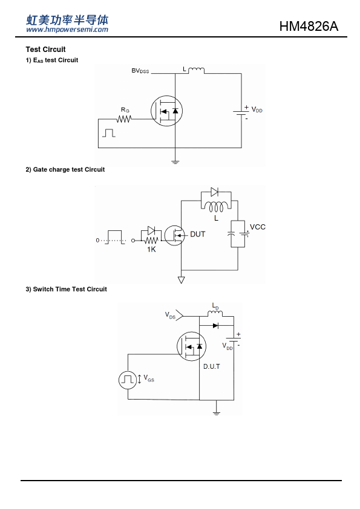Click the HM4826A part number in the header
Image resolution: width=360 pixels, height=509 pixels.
[x=309, y=26]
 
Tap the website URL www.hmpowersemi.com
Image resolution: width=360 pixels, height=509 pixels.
[x=67, y=30]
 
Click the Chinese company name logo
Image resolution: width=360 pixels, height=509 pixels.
[x=67, y=20]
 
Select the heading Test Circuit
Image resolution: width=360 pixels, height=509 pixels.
[x=45, y=50]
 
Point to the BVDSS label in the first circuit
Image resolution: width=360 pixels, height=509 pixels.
[x=140, y=71]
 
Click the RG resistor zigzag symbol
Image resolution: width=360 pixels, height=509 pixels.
[x=124, y=119]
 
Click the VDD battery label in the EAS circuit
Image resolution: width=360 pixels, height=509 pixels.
[x=257, y=110]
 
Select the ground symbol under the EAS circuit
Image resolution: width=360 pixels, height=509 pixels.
[x=175, y=161]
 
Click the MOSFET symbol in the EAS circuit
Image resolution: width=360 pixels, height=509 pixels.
[x=166, y=111]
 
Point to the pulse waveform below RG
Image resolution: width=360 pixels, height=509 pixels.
[x=109, y=133]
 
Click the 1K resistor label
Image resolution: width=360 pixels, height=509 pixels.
[x=151, y=249]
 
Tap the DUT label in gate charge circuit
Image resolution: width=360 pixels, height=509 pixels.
[x=197, y=234]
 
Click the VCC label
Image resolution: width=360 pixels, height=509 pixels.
[x=258, y=227]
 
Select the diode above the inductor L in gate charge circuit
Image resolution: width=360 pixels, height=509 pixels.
[x=214, y=192]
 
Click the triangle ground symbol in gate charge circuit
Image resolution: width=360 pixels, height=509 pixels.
[x=182, y=279]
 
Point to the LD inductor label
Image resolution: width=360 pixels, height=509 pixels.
[x=215, y=306]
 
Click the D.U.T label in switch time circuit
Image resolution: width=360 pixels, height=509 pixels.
[x=212, y=366]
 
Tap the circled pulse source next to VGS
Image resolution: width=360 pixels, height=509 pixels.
[x=128, y=380]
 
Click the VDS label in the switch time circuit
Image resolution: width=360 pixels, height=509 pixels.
[x=170, y=315]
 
